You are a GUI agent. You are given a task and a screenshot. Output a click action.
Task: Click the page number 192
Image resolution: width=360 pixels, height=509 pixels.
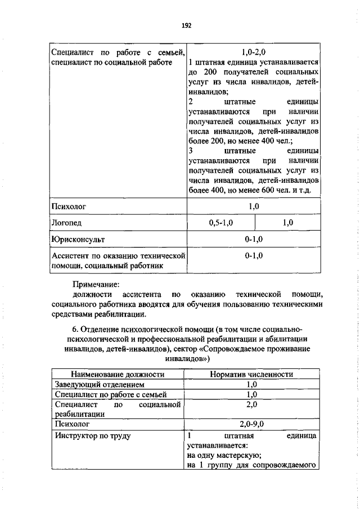pos(187,26)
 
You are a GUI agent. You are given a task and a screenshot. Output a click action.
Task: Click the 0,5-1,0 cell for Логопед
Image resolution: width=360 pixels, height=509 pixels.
pos(220,223)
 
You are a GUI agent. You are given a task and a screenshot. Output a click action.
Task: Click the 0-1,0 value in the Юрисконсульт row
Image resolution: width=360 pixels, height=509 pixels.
pos(254,239)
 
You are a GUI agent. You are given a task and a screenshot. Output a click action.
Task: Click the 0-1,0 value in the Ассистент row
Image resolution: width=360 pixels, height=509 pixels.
pos(254,255)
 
